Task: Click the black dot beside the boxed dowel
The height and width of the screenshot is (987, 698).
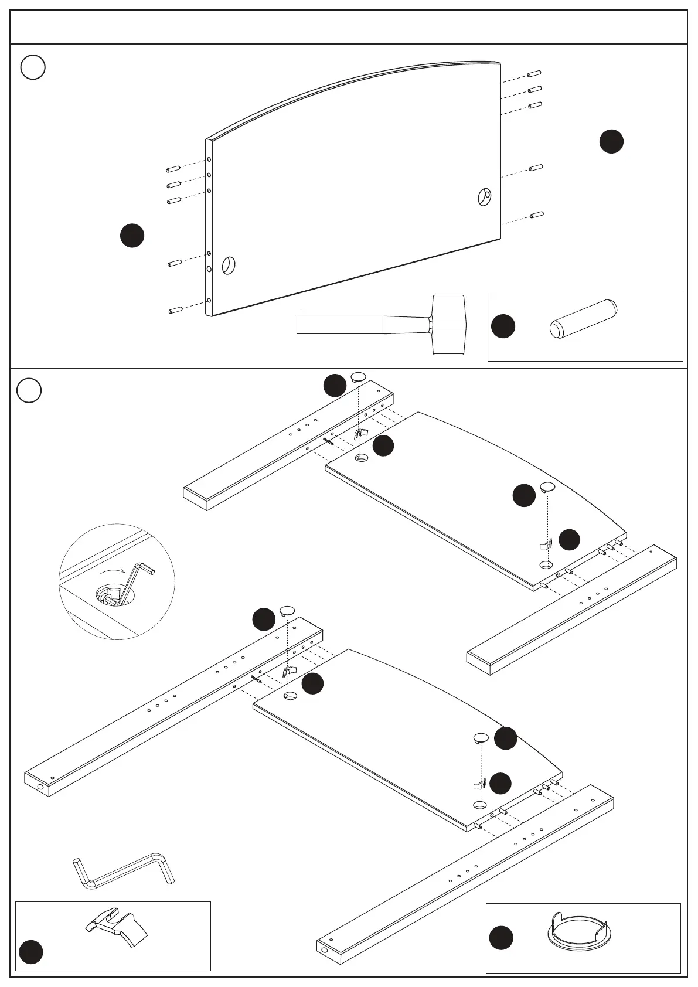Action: pos(502,326)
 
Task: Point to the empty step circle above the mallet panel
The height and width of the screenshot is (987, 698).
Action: pos(33,67)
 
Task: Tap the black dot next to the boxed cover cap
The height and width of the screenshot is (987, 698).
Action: pos(501,937)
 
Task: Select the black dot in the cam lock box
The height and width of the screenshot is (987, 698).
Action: pos(30,952)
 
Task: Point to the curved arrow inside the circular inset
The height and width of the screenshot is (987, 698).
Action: pos(112,571)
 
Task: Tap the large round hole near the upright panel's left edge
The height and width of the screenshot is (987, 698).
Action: pos(228,266)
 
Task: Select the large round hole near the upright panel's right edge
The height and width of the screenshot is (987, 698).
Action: pos(484,197)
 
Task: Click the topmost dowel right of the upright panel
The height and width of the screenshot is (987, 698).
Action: pos(534,73)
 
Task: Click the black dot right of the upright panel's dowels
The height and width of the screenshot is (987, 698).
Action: pos(611,141)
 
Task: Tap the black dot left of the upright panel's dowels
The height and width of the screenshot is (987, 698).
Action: pos(132,235)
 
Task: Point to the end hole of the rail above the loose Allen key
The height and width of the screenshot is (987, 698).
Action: pos(40,787)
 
